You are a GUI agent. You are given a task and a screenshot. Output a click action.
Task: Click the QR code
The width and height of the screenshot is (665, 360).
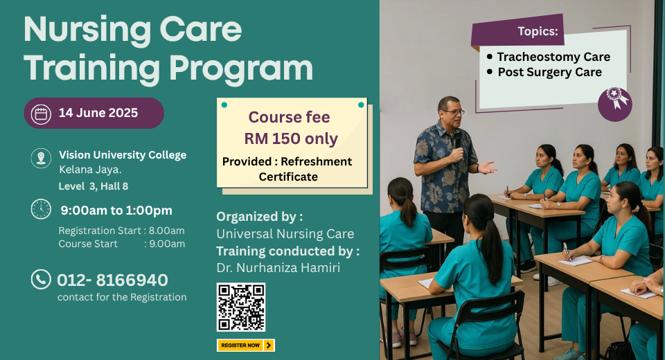241,307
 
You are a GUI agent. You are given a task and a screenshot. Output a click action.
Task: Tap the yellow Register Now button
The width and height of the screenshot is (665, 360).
246,345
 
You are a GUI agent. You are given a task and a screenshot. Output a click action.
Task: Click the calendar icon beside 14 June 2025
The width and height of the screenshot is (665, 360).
41,114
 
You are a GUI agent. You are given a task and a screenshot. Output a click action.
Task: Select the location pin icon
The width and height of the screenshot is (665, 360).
41,158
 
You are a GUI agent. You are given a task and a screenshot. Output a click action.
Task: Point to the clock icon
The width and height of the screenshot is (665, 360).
41,209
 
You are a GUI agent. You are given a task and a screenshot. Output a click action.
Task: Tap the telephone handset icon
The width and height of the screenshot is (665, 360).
41,280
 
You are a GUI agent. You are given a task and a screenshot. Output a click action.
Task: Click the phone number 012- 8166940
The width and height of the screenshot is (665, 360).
112,280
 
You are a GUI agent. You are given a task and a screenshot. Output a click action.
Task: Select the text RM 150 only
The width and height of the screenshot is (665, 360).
291,138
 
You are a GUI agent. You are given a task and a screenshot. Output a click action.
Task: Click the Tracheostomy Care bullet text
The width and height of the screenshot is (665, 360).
553,57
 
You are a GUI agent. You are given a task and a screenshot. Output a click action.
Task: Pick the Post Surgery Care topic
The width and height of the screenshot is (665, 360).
549,72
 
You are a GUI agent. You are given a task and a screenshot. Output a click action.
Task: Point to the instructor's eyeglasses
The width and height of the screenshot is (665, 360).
454,112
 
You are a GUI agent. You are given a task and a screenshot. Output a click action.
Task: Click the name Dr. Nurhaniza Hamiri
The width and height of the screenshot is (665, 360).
278,267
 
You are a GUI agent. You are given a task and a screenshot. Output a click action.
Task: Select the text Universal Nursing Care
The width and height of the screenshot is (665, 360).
285,233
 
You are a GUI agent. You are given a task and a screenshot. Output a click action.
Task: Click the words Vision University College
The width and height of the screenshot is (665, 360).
123,155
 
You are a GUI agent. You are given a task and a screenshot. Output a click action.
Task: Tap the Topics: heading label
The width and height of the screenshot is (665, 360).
538,31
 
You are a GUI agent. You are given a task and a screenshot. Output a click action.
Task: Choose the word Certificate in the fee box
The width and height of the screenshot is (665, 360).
288,177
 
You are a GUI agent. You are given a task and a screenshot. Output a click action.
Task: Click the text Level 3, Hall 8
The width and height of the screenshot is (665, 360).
94,186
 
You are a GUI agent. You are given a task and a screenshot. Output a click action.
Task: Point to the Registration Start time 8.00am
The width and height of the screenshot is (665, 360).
167,231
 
